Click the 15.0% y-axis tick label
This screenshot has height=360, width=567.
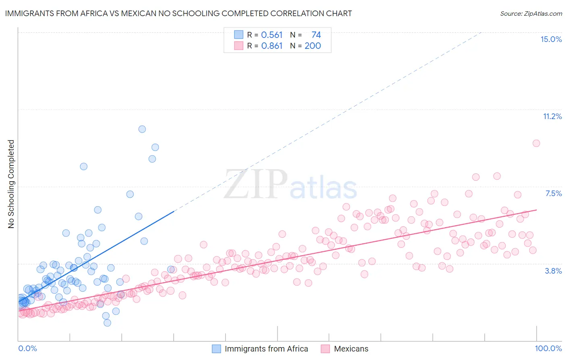(551, 39)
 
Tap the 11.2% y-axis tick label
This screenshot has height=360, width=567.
(552, 116)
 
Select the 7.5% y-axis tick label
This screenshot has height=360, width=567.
(553, 193)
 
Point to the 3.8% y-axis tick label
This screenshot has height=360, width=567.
(553, 271)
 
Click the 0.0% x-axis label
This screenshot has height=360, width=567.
(27, 348)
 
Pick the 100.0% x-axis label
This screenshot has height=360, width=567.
(548, 348)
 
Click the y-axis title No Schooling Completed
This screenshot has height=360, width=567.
(11, 184)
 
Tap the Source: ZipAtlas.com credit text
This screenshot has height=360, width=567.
(531, 13)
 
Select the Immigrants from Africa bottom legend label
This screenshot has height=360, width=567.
(266, 349)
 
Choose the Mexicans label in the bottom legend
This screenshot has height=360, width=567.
(351, 349)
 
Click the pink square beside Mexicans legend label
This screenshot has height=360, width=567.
(325, 349)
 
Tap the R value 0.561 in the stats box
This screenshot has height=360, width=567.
(272, 35)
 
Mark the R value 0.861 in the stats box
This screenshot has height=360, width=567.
(272, 46)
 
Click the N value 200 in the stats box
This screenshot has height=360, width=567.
(313, 46)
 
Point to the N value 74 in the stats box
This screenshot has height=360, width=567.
(316, 35)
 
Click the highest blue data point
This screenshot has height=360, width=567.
(142, 129)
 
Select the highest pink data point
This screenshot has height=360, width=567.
(536, 143)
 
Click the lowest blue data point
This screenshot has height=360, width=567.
(107, 323)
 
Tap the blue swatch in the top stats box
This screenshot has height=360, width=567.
(239, 35)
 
